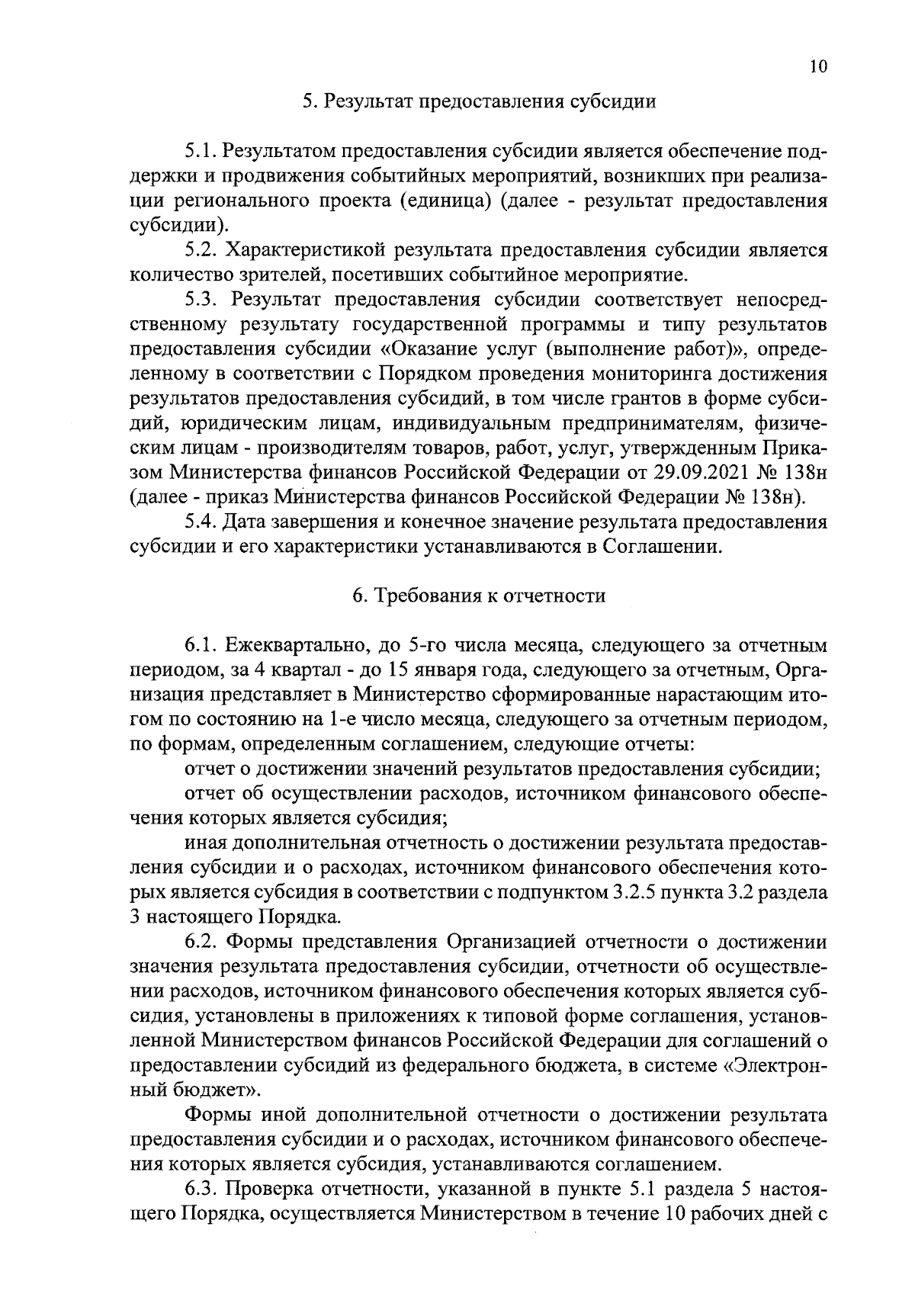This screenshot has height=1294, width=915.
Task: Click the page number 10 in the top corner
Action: (x=817, y=66)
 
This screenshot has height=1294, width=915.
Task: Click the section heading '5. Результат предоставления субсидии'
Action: (x=479, y=102)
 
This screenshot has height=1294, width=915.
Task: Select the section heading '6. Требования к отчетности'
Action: (x=479, y=596)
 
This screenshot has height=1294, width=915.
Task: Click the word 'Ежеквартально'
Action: (x=301, y=647)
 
